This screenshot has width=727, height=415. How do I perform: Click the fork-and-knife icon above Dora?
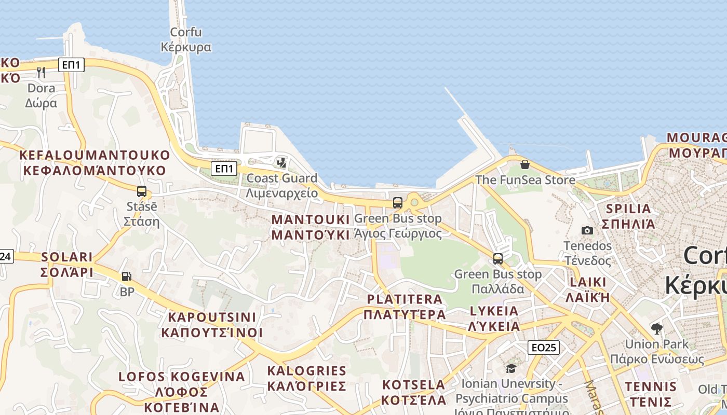click(x=41, y=72)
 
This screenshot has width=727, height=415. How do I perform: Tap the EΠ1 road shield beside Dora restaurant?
click(x=71, y=65)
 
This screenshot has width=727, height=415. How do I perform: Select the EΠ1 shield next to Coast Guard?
click(x=225, y=169)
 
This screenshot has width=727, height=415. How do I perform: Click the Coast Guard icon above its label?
click(x=281, y=163)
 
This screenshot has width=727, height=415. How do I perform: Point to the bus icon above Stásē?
click(x=141, y=191)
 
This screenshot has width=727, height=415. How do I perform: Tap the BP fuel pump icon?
click(x=126, y=276)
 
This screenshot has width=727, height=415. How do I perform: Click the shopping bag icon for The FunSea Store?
click(x=525, y=164)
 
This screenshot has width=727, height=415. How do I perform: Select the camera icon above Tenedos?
click(x=587, y=230)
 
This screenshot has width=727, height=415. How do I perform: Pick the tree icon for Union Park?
click(x=656, y=328)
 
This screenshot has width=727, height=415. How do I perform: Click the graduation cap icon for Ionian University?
click(x=511, y=369)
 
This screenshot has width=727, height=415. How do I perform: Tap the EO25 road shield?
click(x=543, y=348)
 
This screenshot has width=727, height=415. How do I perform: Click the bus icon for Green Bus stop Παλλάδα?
click(x=497, y=258)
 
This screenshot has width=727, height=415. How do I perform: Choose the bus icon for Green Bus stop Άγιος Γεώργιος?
click(x=397, y=203)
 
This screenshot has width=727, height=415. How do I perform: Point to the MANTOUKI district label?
click(x=311, y=227)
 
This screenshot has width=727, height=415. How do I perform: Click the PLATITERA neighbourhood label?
click(x=405, y=307)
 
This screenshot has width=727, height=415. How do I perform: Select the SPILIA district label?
click(x=627, y=216)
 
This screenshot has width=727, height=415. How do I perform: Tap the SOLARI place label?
click(x=66, y=265)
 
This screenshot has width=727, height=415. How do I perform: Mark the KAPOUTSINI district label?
click(x=212, y=325)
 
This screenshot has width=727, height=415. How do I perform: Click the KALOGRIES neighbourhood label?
click(x=306, y=378)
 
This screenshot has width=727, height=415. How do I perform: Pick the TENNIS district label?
click(x=651, y=394)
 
